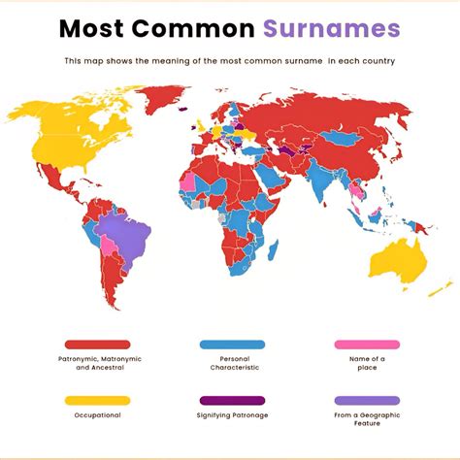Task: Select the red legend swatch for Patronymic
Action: pos(97,345)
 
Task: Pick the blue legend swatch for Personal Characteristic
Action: pos(232,345)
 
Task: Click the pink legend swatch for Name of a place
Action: pos(367,345)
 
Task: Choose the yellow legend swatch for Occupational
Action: pos(97,400)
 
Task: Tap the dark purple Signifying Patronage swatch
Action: pos(232,400)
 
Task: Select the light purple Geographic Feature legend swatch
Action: pos(367,400)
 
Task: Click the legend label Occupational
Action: pos(97,415)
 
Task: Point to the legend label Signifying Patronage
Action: pos(232,415)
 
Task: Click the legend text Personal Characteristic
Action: pos(232,364)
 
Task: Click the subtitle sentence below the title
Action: pos(229,61)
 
